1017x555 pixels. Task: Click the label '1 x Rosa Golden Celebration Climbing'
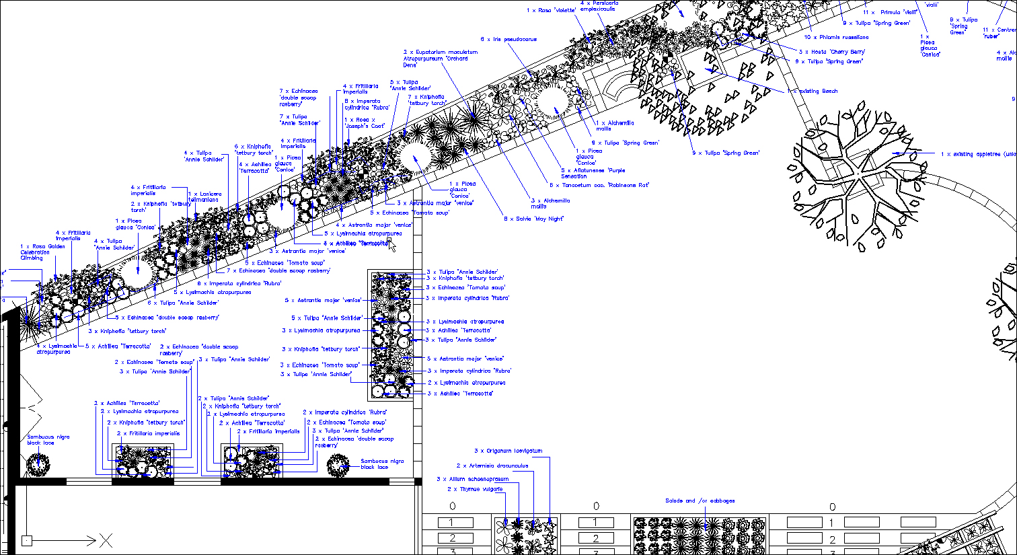pos(42,252)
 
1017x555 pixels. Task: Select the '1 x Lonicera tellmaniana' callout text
pos(204,196)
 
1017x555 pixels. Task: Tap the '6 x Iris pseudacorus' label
pos(509,40)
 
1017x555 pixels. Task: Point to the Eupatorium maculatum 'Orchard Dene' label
pos(440,59)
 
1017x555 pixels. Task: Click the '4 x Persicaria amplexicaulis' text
pos(598,6)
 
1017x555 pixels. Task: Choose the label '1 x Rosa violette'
pos(551,11)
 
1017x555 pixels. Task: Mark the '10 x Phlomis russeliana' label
pos(836,38)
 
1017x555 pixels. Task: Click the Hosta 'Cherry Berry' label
pos(832,52)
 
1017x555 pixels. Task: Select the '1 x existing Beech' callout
pos(813,91)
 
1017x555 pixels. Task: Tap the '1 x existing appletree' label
pos(978,154)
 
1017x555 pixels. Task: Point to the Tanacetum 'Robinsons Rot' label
pos(599,185)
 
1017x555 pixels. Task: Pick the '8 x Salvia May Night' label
pos(533,219)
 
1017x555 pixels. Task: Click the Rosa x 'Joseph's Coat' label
pos(365,123)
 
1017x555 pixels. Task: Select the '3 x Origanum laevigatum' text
pos(508,451)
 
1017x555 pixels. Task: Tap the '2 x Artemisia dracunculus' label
pos(492,466)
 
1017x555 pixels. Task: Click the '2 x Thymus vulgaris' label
pos(475,489)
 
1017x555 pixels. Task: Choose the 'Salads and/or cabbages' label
pos(700,501)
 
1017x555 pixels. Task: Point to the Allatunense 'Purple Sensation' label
pos(593,174)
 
